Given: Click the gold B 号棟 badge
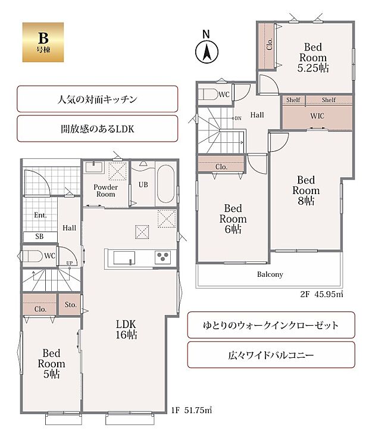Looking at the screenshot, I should [x=38, y=42].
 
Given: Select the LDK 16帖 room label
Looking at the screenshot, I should [x=127, y=329].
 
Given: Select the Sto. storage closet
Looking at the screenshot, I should [x=70, y=305].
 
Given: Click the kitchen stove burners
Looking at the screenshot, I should [x=163, y=258].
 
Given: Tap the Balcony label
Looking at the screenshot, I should [x=270, y=274].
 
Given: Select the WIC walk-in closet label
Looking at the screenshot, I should [x=317, y=115].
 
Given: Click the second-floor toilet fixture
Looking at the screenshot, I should [x=209, y=94].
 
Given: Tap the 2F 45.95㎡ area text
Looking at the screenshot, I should [x=319, y=294].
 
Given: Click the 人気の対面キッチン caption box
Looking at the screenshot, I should [x=98, y=99].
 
